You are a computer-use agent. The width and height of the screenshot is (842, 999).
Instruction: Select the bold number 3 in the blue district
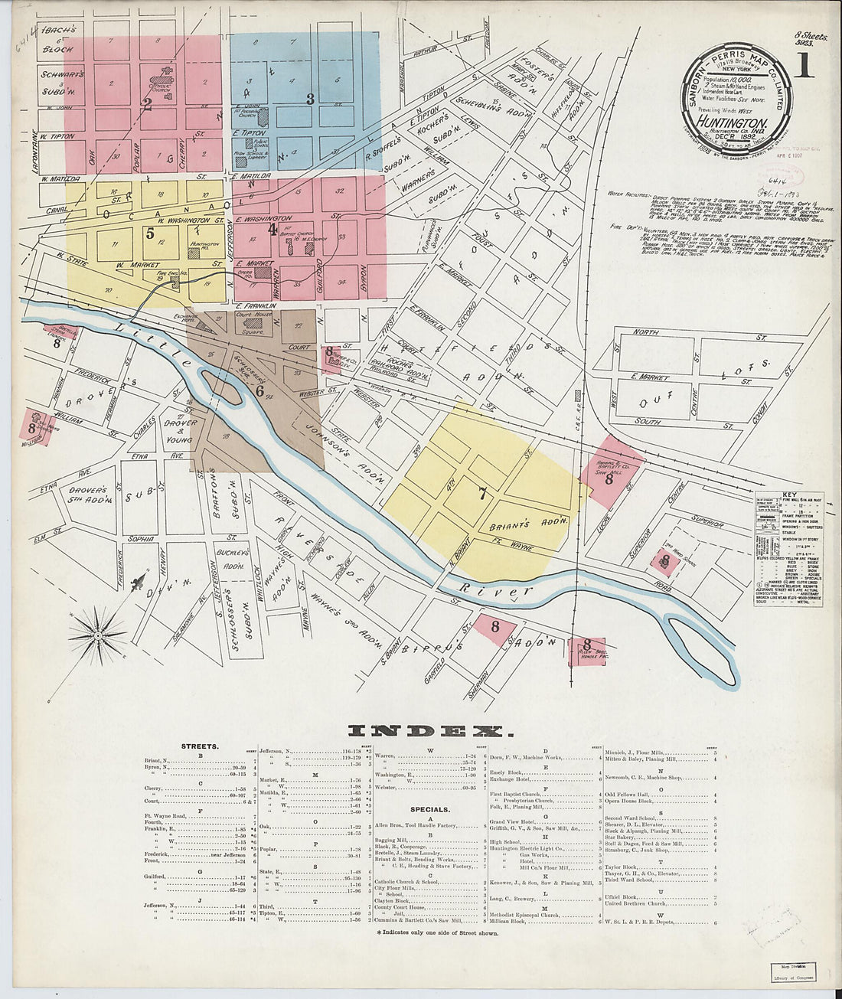pyautogui.click(x=310, y=99)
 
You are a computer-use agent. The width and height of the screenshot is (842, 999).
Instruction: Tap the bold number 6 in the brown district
pyautogui.click(x=259, y=391)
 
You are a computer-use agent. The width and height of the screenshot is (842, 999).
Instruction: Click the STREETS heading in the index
pyautogui.click(x=200, y=745)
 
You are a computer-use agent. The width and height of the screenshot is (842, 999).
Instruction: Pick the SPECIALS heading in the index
pyautogui.click(x=429, y=809)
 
